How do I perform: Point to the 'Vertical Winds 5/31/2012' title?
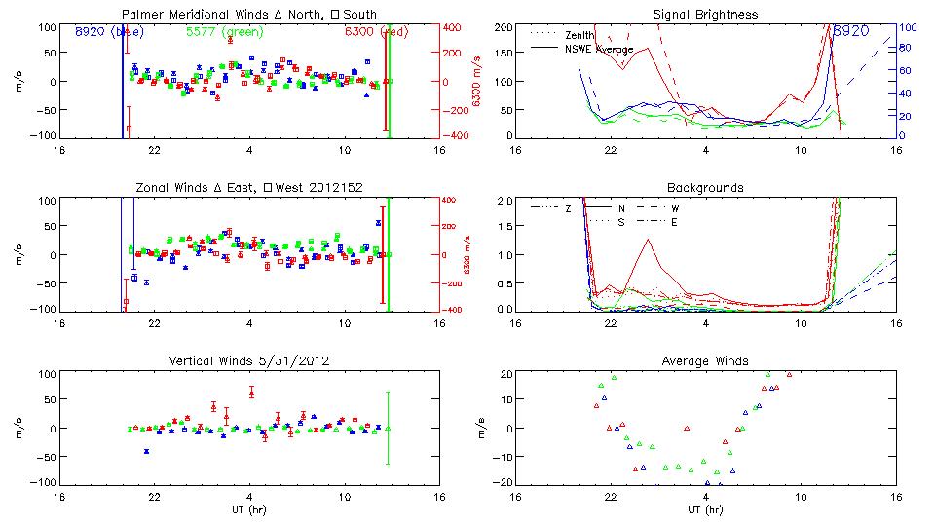tap(248, 361)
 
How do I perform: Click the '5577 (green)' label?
tap(222, 32)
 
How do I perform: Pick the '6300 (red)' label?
tap(377, 32)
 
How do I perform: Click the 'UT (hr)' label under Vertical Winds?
tap(248, 509)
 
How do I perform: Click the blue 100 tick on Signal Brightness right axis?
tap(905, 27)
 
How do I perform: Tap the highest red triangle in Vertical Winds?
tap(251, 393)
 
